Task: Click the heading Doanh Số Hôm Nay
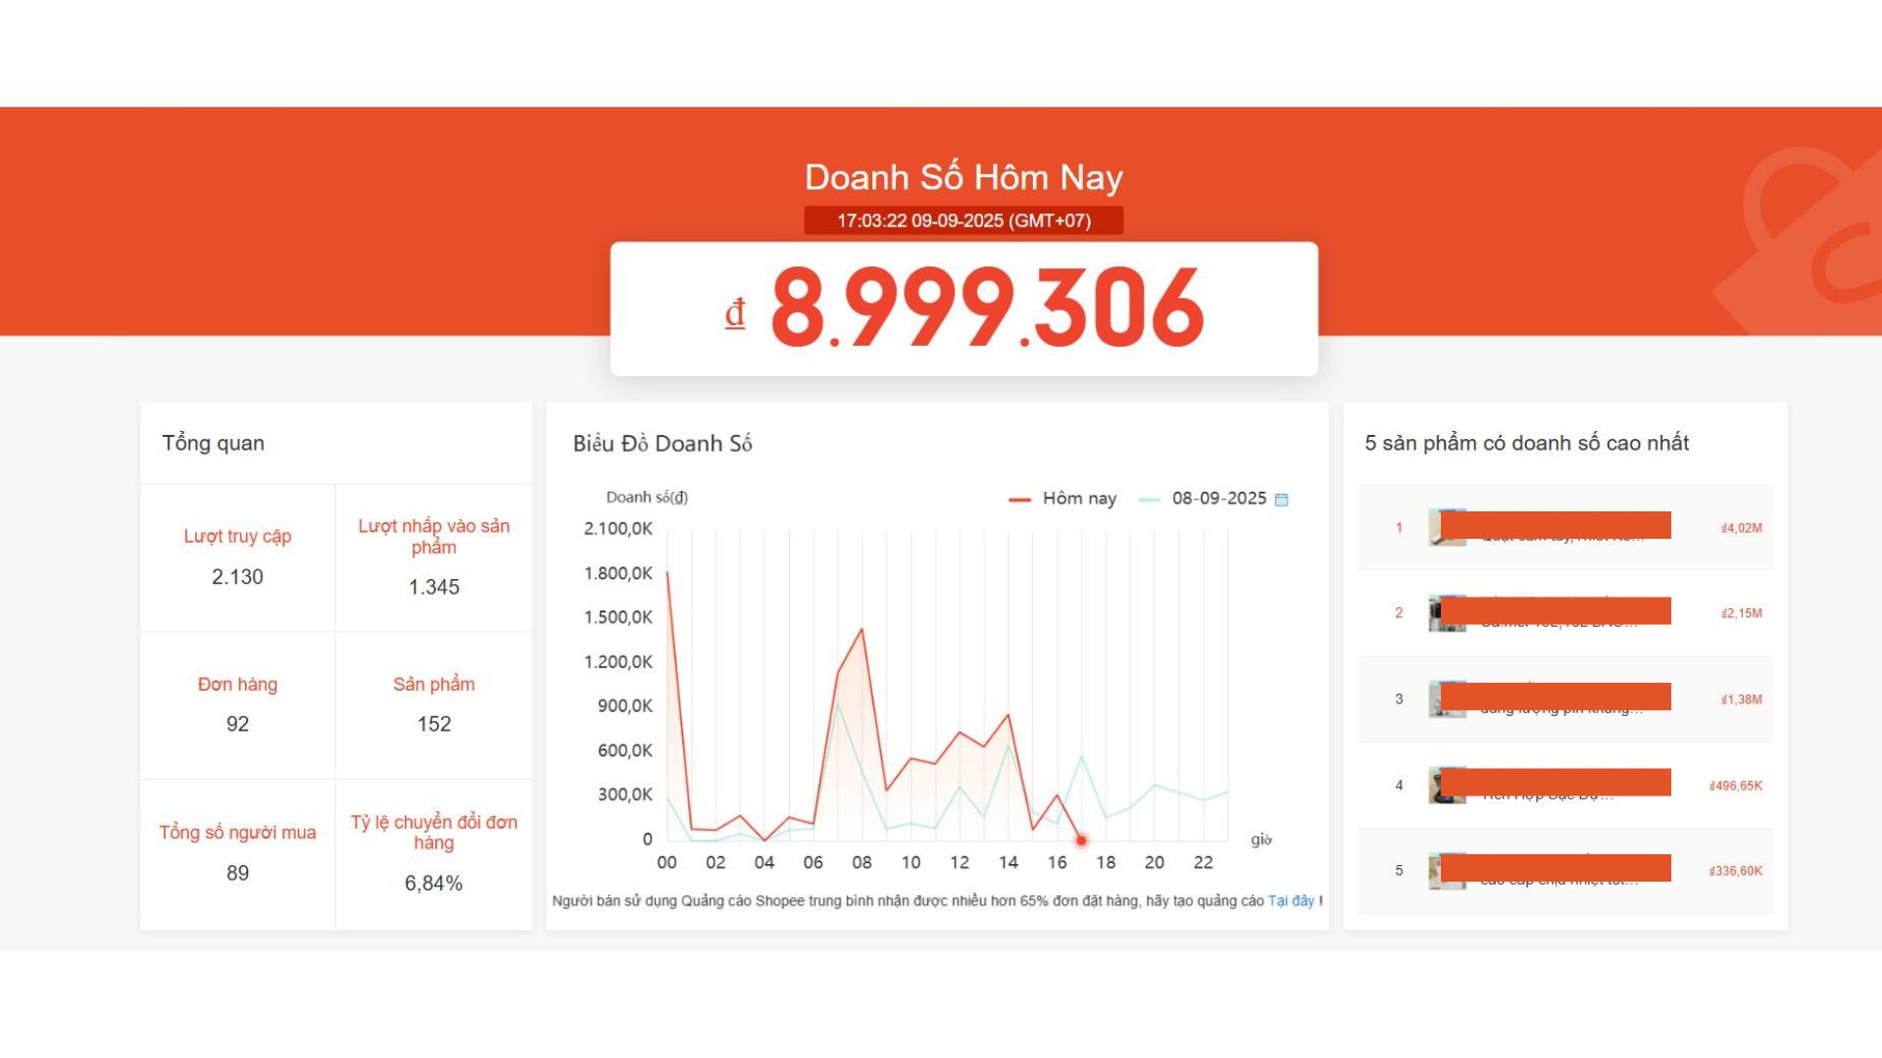964,177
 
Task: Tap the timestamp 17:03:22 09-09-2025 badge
964,220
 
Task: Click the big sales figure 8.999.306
987,309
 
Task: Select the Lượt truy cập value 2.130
237,577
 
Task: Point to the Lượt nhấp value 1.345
433,587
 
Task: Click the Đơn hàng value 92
237,724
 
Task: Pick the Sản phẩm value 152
433,724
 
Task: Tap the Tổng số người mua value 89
237,873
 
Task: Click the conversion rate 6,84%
433,883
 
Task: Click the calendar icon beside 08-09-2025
1281,500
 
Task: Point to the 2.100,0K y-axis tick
618,529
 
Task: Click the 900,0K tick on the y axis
624,706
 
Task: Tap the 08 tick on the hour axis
862,862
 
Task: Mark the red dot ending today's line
1081,841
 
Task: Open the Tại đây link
1290,900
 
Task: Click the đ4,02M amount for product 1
1741,528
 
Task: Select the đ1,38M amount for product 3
1741,699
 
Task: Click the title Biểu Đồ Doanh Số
663,444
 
